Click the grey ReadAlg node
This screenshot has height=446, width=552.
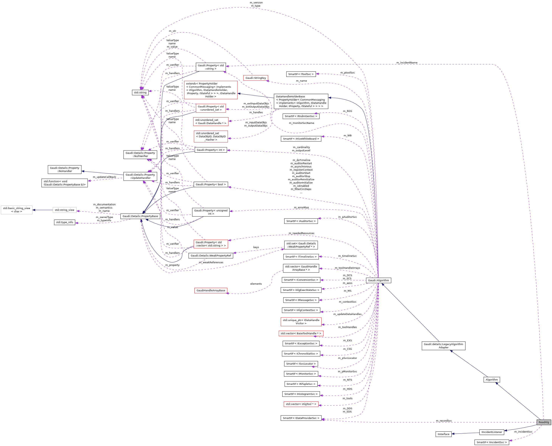pyautogui.click(x=543, y=422)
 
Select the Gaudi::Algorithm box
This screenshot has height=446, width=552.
pyautogui.click(x=378, y=280)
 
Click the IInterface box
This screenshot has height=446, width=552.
pyautogui.click(x=443, y=434)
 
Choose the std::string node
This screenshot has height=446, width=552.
pyautogui.click(x=140, y=92)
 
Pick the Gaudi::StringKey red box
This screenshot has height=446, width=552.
pyautogui.click(x=255, y=78)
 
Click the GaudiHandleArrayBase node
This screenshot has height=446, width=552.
pyautogui.click(x=211, y=290)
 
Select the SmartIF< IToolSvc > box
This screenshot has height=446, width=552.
pyautogui.click(x=301, y=74)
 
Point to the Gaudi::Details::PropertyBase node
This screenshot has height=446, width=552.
pyautogui.click(x=140, y=216)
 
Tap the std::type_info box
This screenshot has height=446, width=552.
pyautogui.click(x=65, y=222)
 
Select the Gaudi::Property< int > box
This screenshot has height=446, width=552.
pyautogui.click(x=211, y=150)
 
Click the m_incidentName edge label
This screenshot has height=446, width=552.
pyautogui.click(x=407, y=63)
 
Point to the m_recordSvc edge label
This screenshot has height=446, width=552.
pyautogui.click(x=444, y=421)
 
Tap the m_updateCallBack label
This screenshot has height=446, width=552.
pyautogui.click(x=104, y=177)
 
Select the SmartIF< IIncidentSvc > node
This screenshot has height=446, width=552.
pyautogui.click(x=491, y=442)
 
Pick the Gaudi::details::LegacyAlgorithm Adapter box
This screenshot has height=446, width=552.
pyautogui.click(x=443, y=346)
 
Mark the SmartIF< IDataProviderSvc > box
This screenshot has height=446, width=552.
pyautogui.click(x=301, y=418)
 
